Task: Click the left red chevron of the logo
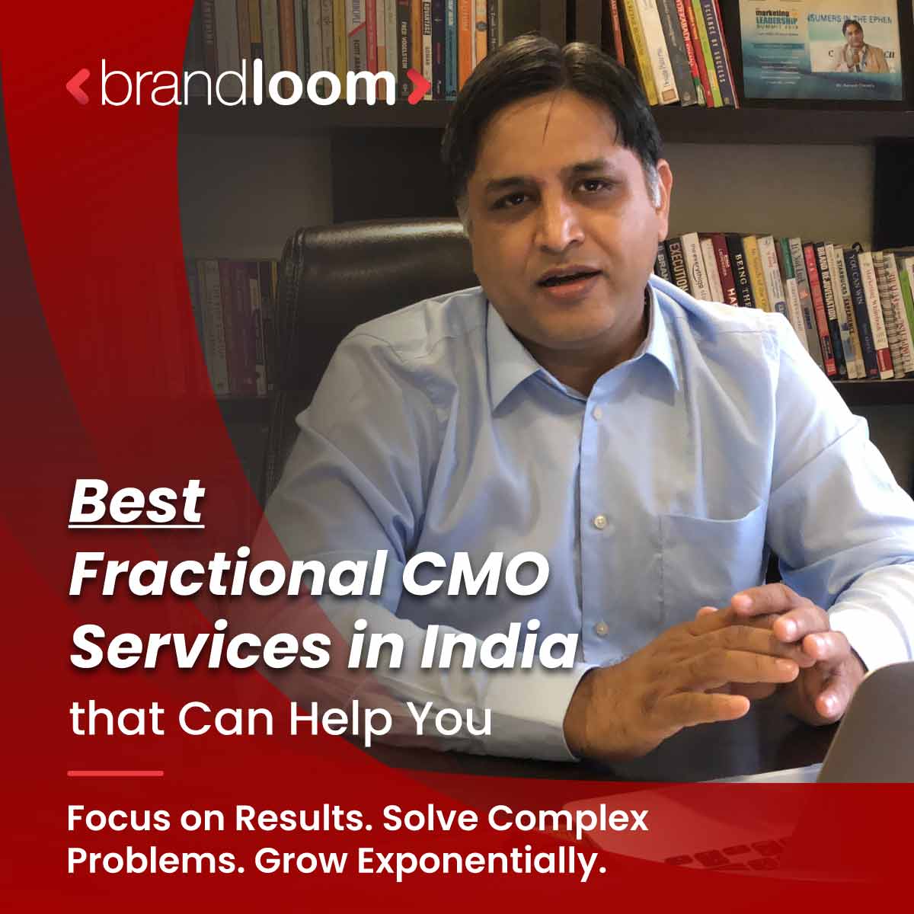(x=78, y=86)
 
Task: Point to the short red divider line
(x=115, y=773)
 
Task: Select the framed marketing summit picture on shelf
(x=827, y=50)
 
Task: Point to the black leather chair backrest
(x=358, y=282)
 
